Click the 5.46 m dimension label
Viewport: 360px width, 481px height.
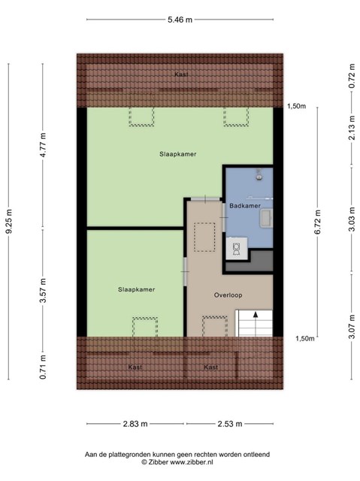click(180, 20)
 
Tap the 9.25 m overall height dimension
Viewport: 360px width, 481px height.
click(9, 221)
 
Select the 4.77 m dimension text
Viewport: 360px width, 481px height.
click(44, 145)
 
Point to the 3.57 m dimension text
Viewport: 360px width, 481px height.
click(44, 291)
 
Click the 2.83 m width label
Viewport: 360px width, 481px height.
click(135, 424)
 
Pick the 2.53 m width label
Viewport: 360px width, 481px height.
click(230, 424)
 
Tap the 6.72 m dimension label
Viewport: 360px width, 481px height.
click(317, 222)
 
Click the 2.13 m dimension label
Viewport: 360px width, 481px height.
click(352, 128)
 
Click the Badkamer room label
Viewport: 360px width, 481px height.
click(245, 206)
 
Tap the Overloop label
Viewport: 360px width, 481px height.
click(228, 295)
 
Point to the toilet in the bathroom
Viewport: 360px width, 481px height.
click(237, 249)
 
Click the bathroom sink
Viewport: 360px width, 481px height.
click(266, 218)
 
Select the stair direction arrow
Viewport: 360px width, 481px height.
click(255, 323)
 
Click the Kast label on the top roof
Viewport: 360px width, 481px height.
click(181, 74)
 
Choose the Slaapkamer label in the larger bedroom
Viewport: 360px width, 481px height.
click(178, 154)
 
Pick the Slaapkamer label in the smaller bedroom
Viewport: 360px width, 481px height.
click(137, 289)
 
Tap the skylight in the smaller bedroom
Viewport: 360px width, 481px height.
click(145, 327)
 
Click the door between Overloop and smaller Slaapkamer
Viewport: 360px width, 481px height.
click(185, 272)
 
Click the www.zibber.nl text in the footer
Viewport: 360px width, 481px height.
click(191, 462)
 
